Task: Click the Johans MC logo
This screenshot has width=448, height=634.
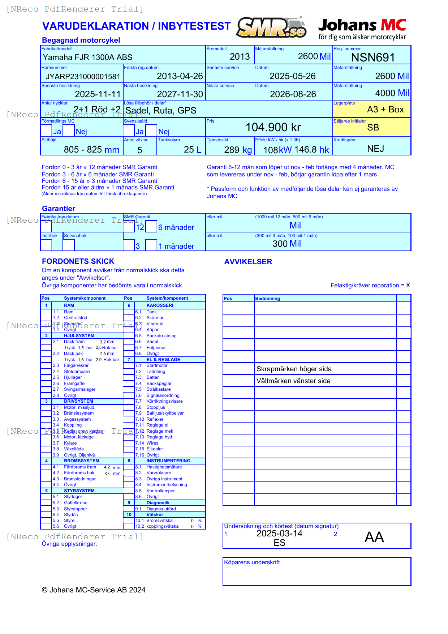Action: (x=362, y=29)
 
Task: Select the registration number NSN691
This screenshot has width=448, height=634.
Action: (x=373, y=57)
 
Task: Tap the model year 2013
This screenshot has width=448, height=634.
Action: (x=240, y=57)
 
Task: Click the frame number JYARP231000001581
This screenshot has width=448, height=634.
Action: (x=83, y=77)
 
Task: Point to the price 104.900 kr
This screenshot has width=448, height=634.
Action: (x=273, y=127)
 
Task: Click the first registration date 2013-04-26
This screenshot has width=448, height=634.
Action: (x=180, y=76)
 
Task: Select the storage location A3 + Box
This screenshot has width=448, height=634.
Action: (x=385, y=110)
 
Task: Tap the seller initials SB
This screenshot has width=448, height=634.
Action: (x=373, y=128)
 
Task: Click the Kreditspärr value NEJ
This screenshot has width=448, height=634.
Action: (x=375, y=149)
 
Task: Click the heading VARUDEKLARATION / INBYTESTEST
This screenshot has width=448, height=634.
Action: (x=136, y=26)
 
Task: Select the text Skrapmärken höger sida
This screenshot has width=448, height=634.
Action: (x=294, y=369)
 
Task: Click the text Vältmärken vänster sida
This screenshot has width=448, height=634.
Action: (x=293, y=381)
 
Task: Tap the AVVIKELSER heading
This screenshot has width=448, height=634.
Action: (x=248, y=262)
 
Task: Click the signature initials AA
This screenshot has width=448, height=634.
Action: (x=374, y=537)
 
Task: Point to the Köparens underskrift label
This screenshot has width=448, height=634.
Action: (x=252, y=562)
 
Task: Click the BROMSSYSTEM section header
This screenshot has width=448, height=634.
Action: (x=81, y=461)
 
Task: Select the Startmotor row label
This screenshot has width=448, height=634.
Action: (x=157, y=365)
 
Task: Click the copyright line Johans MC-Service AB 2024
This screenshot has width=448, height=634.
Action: (x=94, y=590)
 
